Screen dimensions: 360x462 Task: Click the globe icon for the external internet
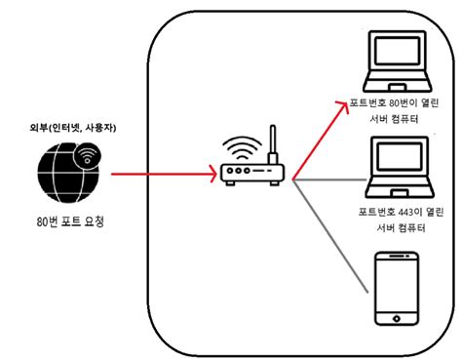click(67, 177)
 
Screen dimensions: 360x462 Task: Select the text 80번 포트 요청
click(67, 222)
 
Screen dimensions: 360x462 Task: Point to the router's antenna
click(274, 146)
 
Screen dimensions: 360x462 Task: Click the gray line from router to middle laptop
click(331, 180)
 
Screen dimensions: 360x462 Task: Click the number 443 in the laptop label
click(404, 212)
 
